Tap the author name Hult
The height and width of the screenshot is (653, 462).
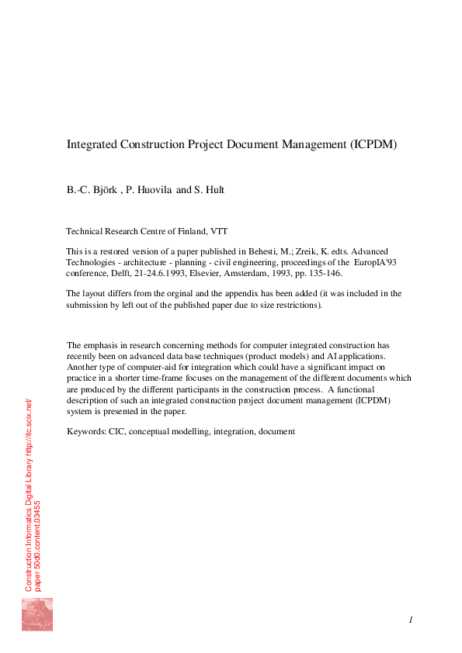pos(216,189)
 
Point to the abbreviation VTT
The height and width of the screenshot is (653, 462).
pos(219,231)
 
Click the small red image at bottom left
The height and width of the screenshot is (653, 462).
pos(36,614)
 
